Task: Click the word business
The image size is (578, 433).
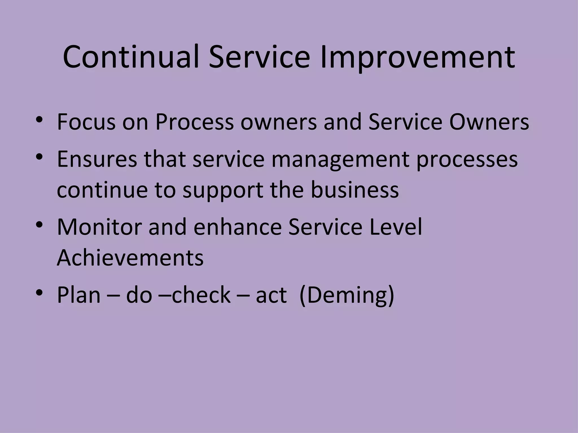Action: coord(355,189)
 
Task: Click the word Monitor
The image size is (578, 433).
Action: coord(99,227)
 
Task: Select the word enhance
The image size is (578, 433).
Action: coord(237,227)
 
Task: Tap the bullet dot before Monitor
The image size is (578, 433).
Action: coord(39,225)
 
